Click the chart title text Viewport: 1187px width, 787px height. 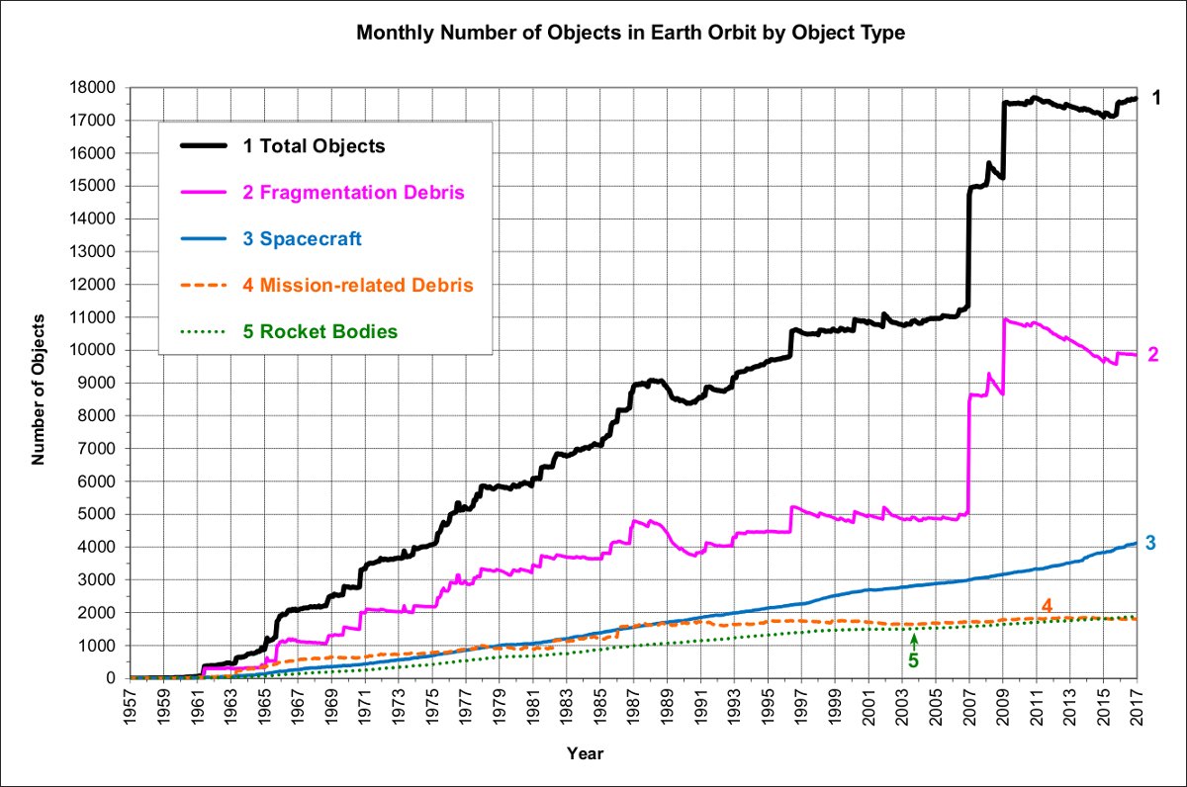pos(630,33)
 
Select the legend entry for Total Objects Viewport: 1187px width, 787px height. pos(314,146)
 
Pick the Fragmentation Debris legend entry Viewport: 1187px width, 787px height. pos(353,192)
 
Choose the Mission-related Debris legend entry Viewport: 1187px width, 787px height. pos(357,285)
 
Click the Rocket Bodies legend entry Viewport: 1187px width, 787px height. pos(320,331)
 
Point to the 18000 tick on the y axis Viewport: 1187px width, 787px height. pos(100,88)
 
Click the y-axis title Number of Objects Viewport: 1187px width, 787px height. pos(39,389)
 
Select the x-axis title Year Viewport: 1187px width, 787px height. pos(585,753)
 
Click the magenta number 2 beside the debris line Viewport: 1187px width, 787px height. pos(1153,354)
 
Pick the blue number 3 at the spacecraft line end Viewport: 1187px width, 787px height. pos(1151,542)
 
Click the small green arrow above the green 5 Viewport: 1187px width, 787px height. pos(914,640)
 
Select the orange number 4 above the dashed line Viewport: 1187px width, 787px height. pos(1047,605)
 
